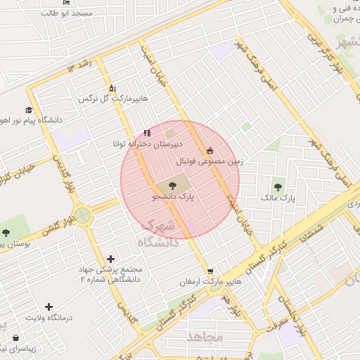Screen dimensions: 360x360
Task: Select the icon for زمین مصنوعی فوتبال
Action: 210,150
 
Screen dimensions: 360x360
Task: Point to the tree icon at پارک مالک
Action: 280,187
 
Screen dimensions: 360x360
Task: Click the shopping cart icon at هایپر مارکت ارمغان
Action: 210,271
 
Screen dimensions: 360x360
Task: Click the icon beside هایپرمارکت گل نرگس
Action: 112,89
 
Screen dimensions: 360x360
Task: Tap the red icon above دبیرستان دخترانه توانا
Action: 147,133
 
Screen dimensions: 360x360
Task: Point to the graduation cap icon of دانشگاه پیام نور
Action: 29,110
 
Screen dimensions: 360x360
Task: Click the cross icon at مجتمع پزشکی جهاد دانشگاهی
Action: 110,259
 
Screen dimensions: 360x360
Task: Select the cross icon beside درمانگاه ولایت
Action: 49,307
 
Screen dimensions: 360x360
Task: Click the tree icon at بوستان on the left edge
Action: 6,232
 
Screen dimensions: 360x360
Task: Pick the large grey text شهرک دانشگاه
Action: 160,235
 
